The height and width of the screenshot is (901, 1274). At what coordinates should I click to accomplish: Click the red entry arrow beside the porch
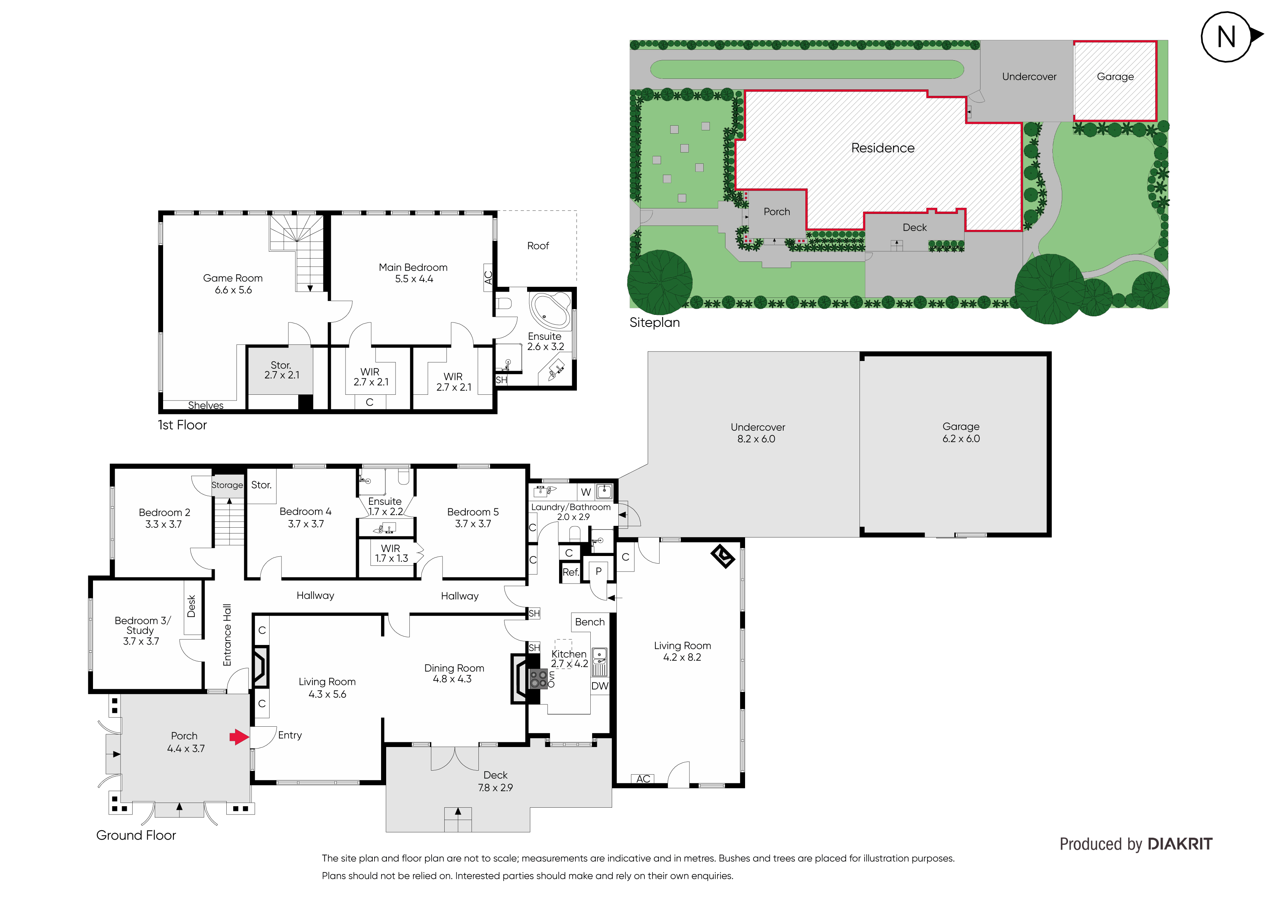[239, 737]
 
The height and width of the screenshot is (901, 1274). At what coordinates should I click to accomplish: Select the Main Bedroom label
[413, 273]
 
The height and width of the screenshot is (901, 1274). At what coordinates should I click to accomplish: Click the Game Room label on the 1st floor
[233, 284]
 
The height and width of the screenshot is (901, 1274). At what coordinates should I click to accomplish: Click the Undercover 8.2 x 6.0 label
[757, 433]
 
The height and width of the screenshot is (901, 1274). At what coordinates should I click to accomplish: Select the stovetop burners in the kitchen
[538, 678]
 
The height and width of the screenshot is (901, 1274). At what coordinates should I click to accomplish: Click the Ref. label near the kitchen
[570, 572]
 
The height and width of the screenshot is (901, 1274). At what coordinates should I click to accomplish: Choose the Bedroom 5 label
[473, 518]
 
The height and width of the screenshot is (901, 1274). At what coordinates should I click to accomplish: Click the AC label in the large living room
[643, 779]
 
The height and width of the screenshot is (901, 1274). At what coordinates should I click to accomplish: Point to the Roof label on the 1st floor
[538, 246]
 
